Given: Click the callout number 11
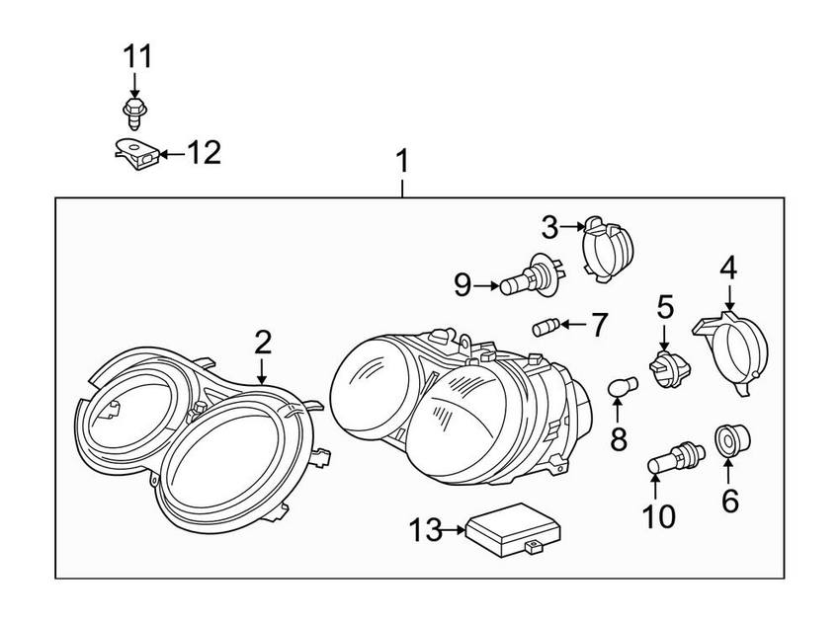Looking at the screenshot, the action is point(137,56).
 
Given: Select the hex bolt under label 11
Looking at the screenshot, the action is point(134,113).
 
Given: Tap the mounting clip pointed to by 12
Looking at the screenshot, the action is point(137,154).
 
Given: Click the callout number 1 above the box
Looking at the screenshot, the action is point(402,162).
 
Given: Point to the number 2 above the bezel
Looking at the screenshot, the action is point(263,343).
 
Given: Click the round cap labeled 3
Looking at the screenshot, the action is point(607,249).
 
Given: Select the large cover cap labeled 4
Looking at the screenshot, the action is point(730,352).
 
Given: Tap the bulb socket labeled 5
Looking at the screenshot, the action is point(670,369).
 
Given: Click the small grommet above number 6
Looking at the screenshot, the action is point(732,441).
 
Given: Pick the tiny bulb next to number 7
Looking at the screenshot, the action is point(546,327).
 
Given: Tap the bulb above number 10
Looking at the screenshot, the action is point(677,457).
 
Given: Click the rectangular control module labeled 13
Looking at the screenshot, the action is point(514,530).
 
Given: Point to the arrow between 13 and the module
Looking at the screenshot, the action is point(455,530).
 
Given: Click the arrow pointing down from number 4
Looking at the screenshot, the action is point(730,296).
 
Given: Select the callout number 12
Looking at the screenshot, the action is point(204,153).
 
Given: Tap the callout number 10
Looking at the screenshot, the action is point(659,516).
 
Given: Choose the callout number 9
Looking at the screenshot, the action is point(462,284).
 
